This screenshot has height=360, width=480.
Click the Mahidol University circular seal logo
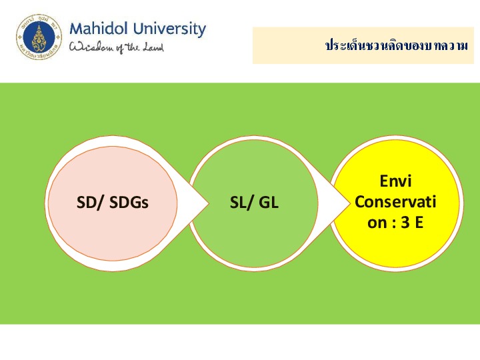[x=39, y=37]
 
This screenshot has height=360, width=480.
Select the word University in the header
[x=169, y=30]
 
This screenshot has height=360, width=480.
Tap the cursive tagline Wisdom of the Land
[x=116, y=47]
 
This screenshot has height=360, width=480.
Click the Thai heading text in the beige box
[x=397, y=45]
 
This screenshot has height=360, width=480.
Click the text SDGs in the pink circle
[x=129, y=203]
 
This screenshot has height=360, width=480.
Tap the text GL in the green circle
[x=269, y=203]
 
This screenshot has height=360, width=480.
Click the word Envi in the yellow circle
[x=395, y=181]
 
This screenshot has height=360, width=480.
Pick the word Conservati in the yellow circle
[x=395, y=202]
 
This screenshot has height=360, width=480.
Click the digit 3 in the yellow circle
[x=405, y=223]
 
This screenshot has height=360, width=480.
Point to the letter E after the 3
[x=419, y=223]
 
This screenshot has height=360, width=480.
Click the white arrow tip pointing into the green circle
[x=209, y=203]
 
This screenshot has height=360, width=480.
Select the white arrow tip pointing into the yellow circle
[x=349, y=203]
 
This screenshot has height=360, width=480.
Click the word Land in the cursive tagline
[x=153, y=47]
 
